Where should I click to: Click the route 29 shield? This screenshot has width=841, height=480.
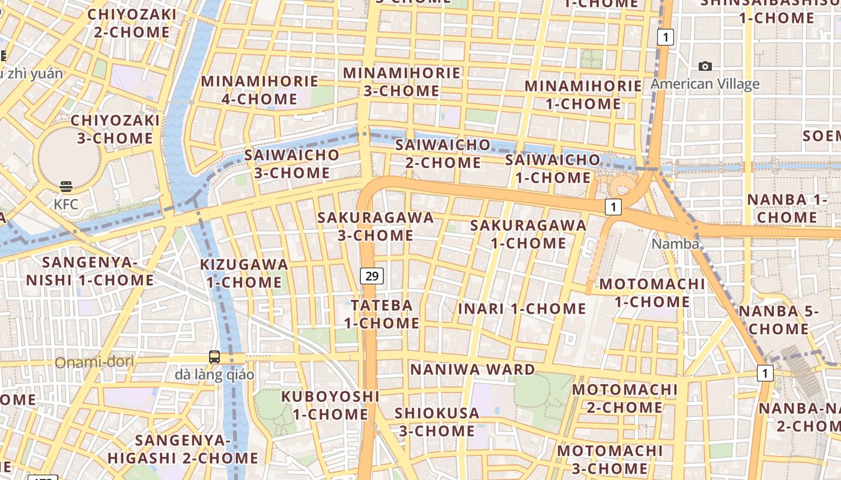pos(372,276)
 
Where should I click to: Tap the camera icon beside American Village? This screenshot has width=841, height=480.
pos(705,66)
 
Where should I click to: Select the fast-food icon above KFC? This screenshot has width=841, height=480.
pos(66,187)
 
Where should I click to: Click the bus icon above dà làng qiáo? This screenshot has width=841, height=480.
pos(214,357)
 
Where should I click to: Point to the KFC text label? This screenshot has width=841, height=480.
pos(66,204)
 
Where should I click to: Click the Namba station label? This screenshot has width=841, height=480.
pos(675,244)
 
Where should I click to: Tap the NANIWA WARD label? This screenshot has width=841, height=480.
pos(472,370)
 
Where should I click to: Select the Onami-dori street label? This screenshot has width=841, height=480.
pos(94,362)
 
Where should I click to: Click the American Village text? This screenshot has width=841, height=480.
pos(705,83)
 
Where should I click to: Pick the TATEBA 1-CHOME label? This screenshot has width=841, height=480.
pos(381,314)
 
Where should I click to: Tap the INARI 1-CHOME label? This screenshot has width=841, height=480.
pos(522,309)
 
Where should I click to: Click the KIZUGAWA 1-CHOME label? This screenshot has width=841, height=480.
pos(244,273)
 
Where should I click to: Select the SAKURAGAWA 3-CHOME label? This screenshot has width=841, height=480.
pos(375,226)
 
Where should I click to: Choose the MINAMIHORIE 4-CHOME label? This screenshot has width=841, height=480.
pos(260,89)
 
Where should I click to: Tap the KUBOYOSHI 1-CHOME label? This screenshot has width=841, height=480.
pos(330,405)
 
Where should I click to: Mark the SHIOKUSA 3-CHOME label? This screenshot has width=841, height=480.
pos(437,422)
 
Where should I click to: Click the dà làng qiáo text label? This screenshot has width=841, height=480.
pos(214,375)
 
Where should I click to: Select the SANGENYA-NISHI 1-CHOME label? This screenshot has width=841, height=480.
pos(90,271)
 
